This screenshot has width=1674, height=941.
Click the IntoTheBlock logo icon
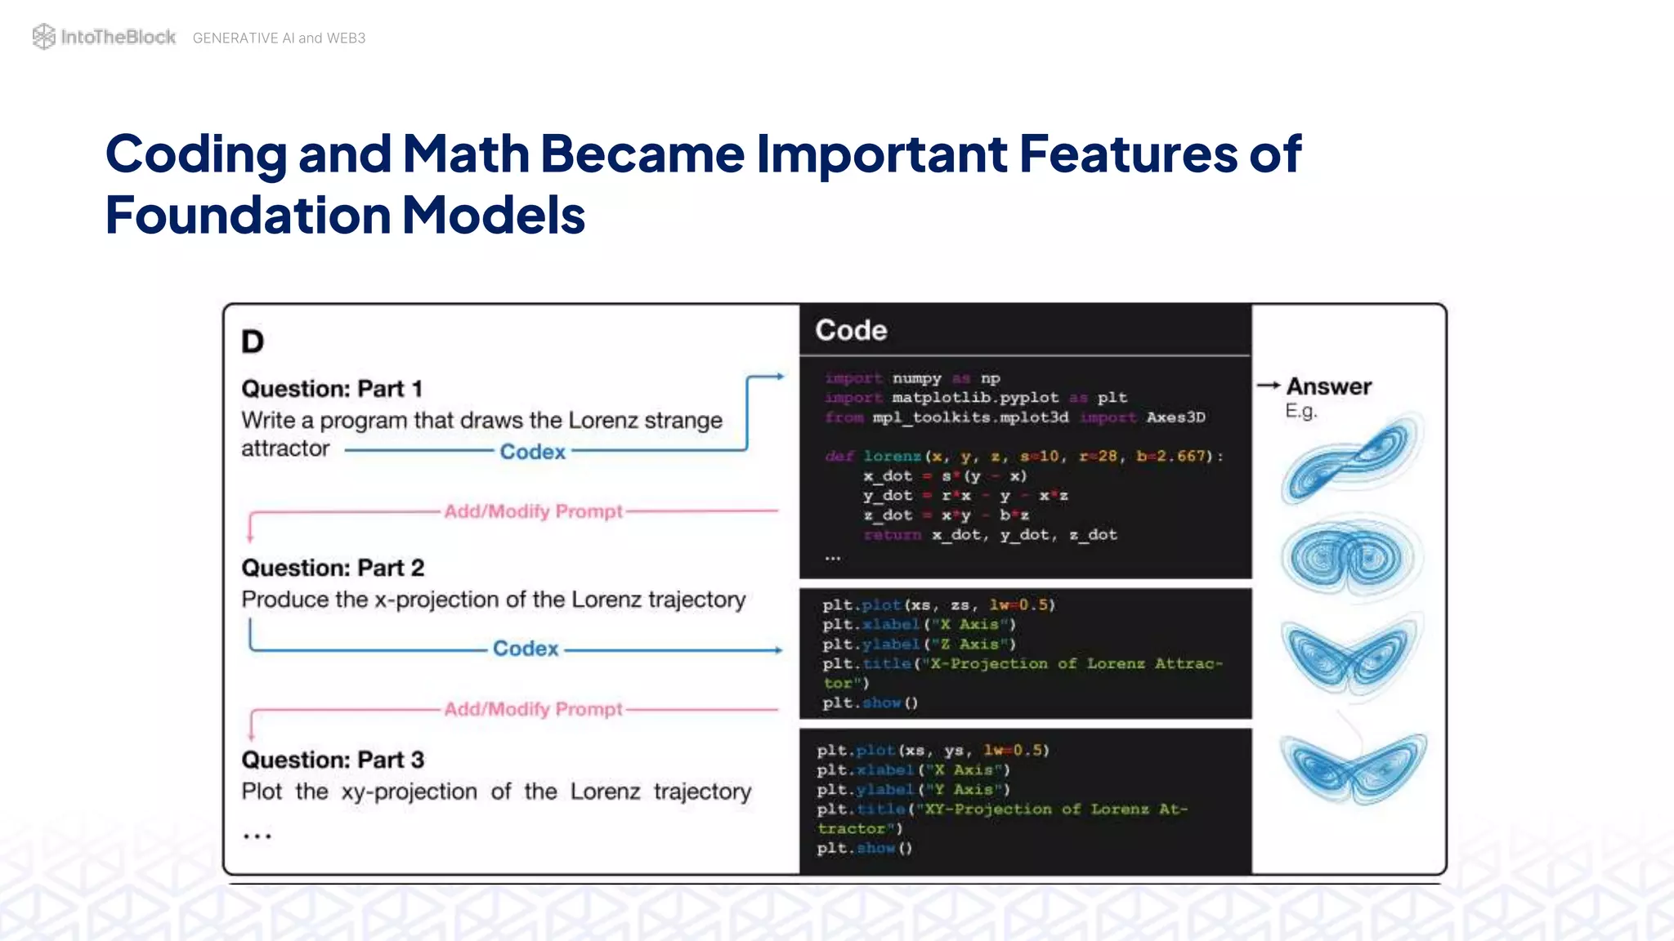(x=43, y=37)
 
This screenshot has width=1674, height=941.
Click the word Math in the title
(x=466, y=154)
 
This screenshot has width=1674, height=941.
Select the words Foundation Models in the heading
(x=345, y=216)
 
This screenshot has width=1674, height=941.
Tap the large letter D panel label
(x=253, y=341)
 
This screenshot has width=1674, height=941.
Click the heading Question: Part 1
(x=332, y=389)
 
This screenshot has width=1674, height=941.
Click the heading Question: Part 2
(x=333, y=568)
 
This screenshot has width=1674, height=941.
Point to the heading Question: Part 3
(x=333, y=760)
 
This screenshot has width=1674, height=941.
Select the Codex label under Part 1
(x=532, y=452)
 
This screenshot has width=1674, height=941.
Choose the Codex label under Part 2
(x=526, y=649)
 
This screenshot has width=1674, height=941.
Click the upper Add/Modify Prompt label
(x=533, y=511)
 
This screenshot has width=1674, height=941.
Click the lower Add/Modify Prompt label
(x=533, y=709)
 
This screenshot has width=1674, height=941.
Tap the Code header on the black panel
(x=851, y=330)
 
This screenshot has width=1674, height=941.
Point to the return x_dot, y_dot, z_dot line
(x=990, y=535)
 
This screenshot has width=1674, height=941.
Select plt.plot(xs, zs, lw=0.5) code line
(x=938, y=605)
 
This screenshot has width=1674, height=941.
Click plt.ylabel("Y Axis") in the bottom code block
(x=913, y=790)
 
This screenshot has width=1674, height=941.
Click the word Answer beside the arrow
(x=1328, y=386)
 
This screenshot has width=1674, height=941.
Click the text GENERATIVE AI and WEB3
(x=279, y=38)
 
